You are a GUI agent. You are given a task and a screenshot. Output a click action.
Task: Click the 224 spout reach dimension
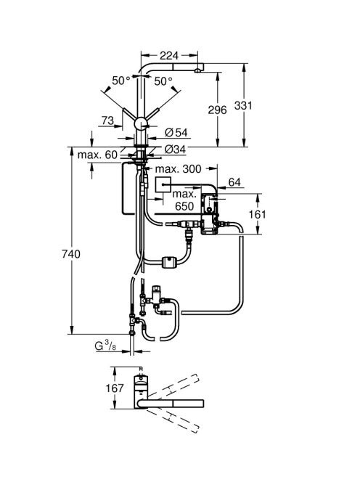169,55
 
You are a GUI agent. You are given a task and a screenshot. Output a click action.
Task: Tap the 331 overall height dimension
243,105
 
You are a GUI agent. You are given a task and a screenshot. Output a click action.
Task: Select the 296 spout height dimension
217,110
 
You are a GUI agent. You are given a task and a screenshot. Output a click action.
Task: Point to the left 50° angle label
121,81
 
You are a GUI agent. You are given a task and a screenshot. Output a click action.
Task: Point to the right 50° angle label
163,81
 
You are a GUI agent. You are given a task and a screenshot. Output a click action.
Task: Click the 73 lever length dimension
107,120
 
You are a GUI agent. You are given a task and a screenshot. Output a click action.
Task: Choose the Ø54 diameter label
176,133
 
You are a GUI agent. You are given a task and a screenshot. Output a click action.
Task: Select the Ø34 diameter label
175,149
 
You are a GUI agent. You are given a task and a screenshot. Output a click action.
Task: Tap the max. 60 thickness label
97,155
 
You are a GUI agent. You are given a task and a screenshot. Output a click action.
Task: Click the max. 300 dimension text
179,168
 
